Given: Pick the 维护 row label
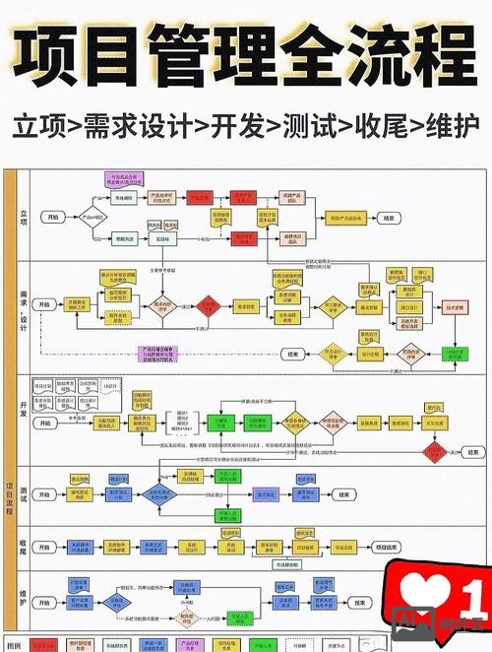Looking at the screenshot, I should tap(24, 594).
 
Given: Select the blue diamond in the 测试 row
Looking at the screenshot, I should tap(158, 494).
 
